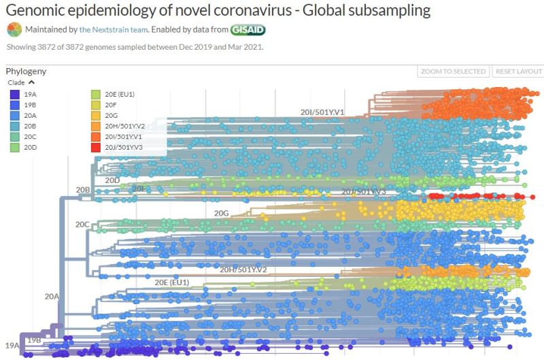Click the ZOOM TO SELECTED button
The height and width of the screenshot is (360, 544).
(x=453, y=71)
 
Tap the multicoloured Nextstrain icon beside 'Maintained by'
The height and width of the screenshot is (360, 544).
(x=14, y=30)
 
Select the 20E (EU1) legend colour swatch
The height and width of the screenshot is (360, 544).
(x=96, y=94)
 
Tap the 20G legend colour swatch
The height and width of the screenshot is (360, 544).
(x=96, y=116)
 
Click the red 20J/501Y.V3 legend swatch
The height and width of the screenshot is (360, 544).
(x=96, y=148)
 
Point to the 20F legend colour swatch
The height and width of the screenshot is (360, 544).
(x=96, y=105)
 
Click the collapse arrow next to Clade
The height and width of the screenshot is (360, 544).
(x=31, y=82)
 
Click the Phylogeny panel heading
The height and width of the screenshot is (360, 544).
(x=26, y=71)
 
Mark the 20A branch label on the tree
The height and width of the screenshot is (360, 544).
(x=52, y=297)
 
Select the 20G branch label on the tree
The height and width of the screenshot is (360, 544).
(x=221, y=213)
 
